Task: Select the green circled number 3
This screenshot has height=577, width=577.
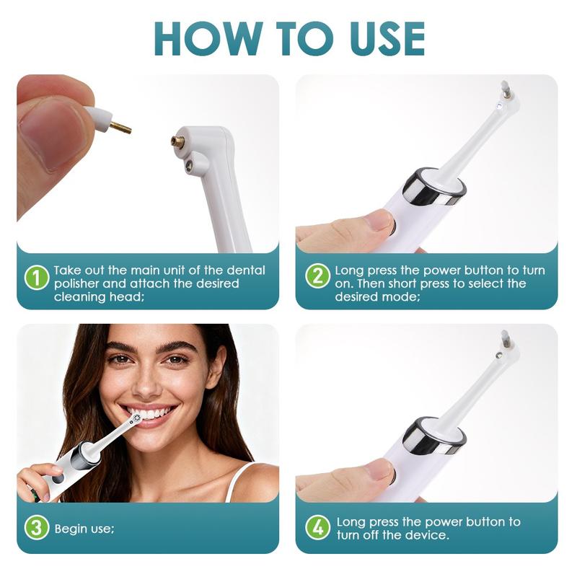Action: point(36,527)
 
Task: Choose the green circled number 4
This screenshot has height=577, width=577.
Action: point(317,527)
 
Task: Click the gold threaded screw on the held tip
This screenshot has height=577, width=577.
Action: point(122,128)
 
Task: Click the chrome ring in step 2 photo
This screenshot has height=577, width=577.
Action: point(433,186)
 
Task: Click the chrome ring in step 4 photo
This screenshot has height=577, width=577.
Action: point(433,435)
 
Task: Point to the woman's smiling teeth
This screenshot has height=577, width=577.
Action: point(155,413)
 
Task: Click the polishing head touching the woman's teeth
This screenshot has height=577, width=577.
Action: point(135,418)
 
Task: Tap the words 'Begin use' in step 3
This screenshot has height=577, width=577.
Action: point(84,529)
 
